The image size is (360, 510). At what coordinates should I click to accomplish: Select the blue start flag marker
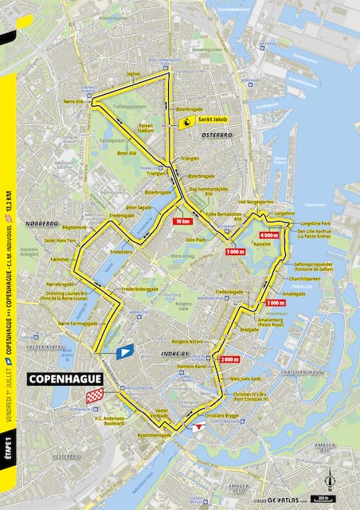124,351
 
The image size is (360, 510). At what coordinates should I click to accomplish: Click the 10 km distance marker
182,221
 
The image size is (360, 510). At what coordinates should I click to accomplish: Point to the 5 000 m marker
236,252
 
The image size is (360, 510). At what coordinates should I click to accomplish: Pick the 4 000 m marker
269,236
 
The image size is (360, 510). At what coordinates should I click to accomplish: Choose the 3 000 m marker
276,303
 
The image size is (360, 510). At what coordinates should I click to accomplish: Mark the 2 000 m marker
229,336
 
